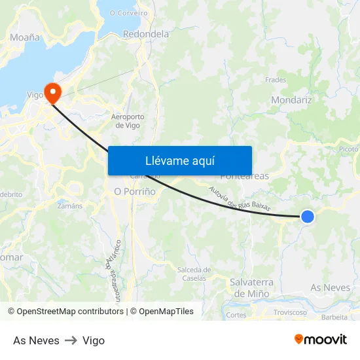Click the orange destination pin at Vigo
pos(50,92)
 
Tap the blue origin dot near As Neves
pos(307,216)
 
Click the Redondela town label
pos(146,34)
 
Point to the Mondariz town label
pos(291,101)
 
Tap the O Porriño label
pos(135,192)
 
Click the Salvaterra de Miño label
pos(249,287)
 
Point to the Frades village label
pos(276,80)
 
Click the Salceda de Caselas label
pos(194,274)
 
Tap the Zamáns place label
pos(70,206)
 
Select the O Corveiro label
pos(128,12)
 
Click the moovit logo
pos(321,340)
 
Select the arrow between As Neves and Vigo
pos(71,340)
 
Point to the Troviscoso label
pos(291,312)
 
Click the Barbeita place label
pos(334,317)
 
